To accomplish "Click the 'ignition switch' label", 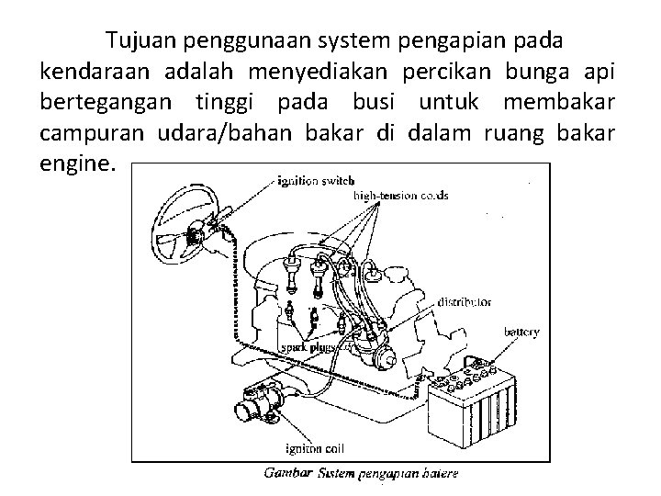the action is point(310,182).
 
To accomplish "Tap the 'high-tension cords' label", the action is point(401,196).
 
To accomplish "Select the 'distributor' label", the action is point(465,301).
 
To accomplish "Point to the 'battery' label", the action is point(521,332).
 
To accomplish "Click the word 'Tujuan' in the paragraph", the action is point(142,41).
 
